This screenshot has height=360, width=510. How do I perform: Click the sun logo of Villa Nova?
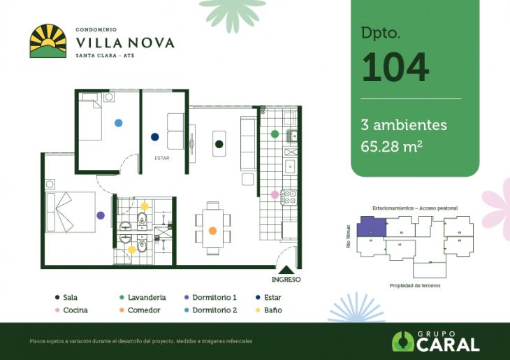[48, 41]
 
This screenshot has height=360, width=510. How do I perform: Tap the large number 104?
[395, 67]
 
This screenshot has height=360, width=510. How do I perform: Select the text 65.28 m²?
[391, 146]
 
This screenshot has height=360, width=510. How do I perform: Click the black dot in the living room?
[219, 144]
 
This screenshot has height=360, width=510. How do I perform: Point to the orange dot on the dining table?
[212, 230]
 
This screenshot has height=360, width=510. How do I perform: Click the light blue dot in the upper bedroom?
[118, 122]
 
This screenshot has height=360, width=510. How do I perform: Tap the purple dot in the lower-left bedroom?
[101, 215]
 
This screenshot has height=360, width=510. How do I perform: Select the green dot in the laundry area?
[275, 133]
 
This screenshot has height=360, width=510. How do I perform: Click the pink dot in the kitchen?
[275, 194]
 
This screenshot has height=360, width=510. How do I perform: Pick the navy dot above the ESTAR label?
[154, 137]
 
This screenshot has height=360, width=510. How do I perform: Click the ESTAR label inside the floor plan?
[162, 158]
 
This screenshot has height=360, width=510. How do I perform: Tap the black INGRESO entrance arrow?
[286, 270]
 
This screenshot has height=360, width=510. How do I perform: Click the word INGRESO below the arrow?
[286, 280]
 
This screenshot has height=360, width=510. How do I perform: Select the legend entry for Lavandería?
[143, 297]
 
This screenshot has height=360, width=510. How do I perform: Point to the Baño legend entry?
[268, 310]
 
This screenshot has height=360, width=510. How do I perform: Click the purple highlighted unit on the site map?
[370, 228]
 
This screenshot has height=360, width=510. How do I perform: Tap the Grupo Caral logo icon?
[402, 341]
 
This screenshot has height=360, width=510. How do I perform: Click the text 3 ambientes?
[404, 125]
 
